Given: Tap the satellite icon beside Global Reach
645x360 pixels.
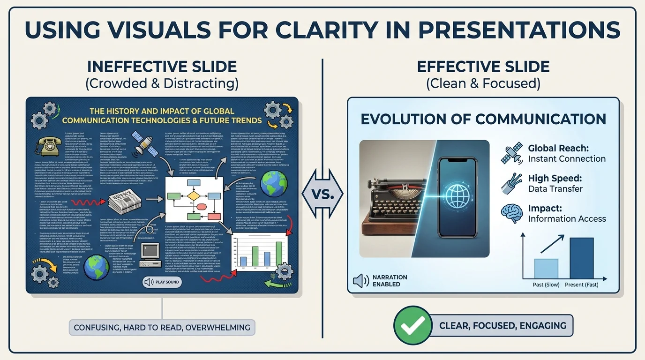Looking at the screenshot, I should point(512,154).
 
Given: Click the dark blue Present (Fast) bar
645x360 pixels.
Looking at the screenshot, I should point(581,258).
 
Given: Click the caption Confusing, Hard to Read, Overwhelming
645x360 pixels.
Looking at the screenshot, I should point(162,327).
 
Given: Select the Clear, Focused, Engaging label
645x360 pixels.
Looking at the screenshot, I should point(502,325).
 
